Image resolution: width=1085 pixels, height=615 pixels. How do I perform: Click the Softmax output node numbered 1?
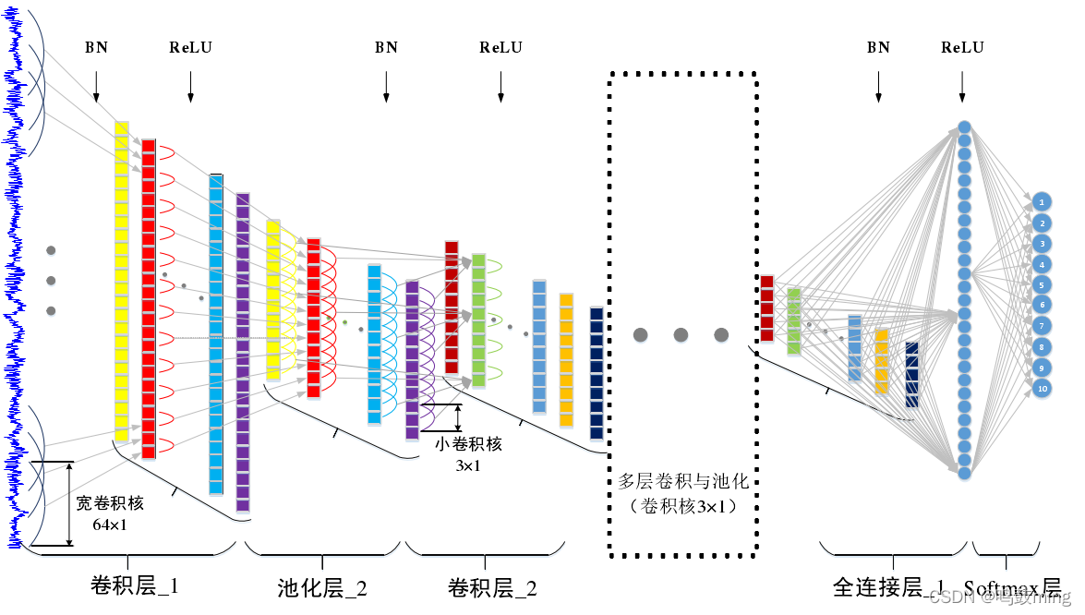pyautogui.click(x=1042, y=201)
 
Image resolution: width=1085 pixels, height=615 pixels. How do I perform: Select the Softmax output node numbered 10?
pyautogui.click(x=1042, y=389)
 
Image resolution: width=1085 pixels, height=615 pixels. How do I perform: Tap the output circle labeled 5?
pyautogui.click(x=1042, y=284)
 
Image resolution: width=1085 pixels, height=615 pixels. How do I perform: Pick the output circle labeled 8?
pyautogui.click(x=1042, y=347)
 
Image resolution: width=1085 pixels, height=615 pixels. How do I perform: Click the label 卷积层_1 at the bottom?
pyautogui.click(x=135, y=586)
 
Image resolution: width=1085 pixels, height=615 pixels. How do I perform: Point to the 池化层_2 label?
pyautogui.click(x=322, y=588)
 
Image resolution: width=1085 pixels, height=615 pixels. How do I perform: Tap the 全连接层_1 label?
pyautogui.click(x=889, y=588)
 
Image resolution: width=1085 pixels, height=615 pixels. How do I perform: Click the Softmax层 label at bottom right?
pyautogui.click(x=1012, y=588)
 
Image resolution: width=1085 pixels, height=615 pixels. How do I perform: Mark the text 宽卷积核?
pyautogui.click(x=111, y=504)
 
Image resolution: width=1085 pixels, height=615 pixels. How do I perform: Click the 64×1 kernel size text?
pyautogui.click(x=111, y=524)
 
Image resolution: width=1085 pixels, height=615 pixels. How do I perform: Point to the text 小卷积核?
pyautogui.click(x=468, y=444)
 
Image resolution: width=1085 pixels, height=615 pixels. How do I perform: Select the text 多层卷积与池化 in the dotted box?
pyautogui.click(x=682, y=481)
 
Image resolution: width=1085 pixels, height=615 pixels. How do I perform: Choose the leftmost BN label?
pyautogui.click(x=96, y=47)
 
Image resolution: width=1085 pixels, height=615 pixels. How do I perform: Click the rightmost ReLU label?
pyautogui.click(x=962, y=47)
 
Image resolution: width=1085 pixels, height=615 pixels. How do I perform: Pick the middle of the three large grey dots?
pyautogui.click(x=681, y=335)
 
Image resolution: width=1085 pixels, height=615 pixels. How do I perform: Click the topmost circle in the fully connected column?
pyautogui.click(x=964, y=127)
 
